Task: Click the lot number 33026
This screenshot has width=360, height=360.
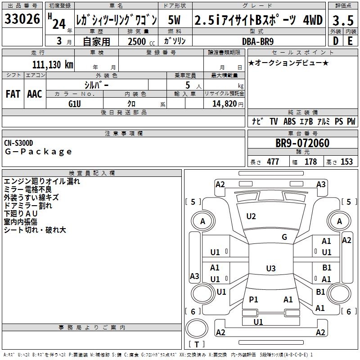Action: click(22, 20)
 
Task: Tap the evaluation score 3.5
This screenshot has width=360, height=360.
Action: click(343, 20)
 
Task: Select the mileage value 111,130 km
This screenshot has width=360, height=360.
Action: click(53, 65)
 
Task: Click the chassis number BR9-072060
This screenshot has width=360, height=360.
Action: click(302, 144)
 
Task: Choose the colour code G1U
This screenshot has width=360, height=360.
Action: click(75, 103)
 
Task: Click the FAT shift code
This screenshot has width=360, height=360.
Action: click(13, 94)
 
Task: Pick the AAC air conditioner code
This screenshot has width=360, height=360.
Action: click(35, 94)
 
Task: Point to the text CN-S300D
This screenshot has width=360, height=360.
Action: click(18, 143)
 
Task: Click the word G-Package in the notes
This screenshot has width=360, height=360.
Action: click(38, 152)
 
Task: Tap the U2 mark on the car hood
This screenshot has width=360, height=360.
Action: click(251, 216)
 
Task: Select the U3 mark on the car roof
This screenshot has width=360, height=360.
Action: click(270, 269)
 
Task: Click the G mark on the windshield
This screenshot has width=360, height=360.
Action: click(284, 237)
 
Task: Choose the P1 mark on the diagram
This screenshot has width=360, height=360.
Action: click(253, 299)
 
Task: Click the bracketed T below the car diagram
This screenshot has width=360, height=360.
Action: click(197, 345)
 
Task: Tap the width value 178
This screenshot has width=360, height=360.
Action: click(310, 162)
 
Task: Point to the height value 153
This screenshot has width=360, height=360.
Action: click(346, 162)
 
